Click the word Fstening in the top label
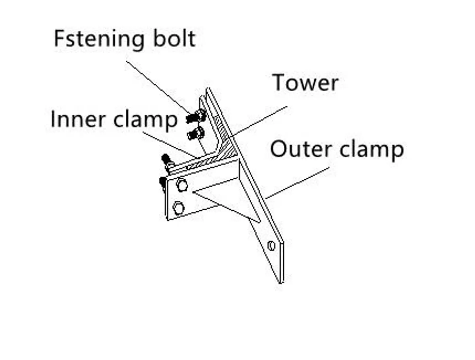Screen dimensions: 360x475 tap(98, 39)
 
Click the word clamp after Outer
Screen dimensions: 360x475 tap(371, 150)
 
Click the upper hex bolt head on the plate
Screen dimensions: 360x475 tap(182, 185)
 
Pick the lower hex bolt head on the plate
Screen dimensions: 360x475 tap(178, 208)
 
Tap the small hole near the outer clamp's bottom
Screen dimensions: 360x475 tap(271, 246)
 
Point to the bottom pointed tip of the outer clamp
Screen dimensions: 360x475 tap(280, 282)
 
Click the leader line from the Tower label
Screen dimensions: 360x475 tap(261, 121)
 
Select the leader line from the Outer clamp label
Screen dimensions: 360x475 tap(297, 183)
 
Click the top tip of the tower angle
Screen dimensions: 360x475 tap(207, 89)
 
